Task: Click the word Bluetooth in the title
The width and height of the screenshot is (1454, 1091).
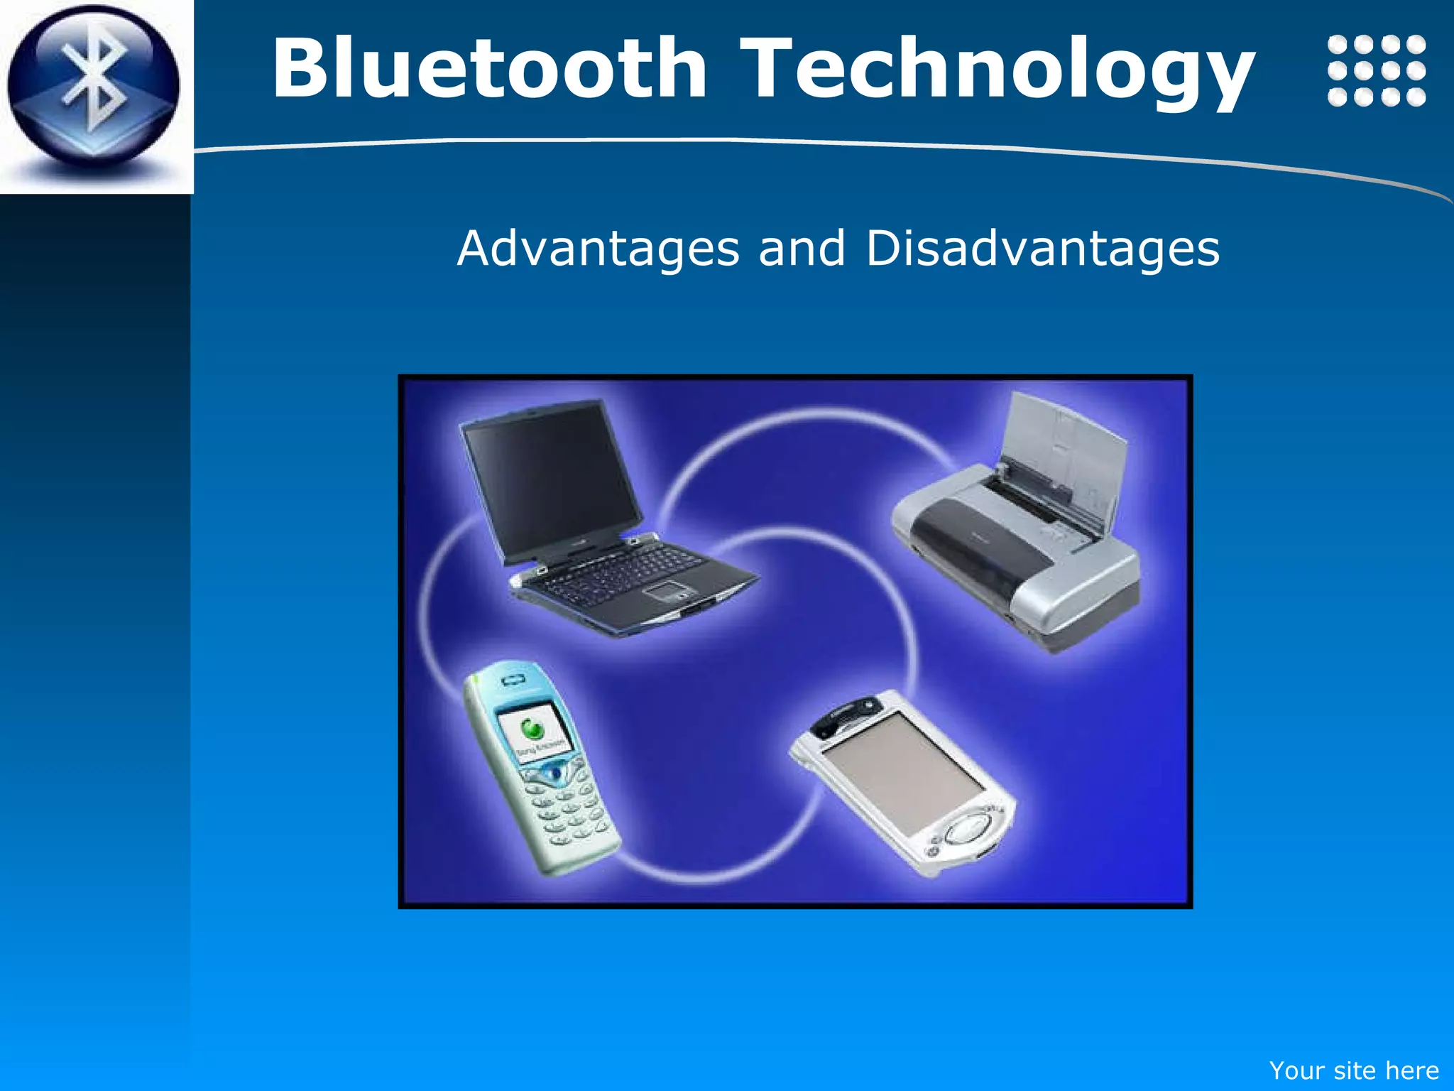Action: (490, 69)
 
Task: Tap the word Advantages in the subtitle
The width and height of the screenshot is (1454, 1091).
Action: (598, 249)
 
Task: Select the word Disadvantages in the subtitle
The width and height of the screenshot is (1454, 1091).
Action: (1042, 249)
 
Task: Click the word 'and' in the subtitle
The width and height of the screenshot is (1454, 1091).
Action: (802, 249)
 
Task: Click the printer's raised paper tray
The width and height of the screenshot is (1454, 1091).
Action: (1065, 455)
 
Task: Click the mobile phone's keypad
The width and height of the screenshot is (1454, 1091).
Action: (568, 810)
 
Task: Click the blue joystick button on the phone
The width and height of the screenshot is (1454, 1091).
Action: (556, 773)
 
